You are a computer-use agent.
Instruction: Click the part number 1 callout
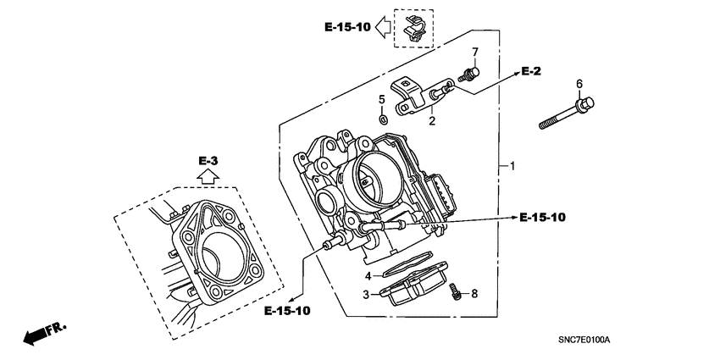coord(512,167)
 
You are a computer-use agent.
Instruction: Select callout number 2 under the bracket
coord(431,122)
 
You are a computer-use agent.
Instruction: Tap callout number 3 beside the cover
coord(368,295)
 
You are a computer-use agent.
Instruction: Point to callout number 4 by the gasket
coord(368,276)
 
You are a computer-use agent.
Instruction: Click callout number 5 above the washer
coord(381,100)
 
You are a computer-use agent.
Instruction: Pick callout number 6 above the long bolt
coord(579,83)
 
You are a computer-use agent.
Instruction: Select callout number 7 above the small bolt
coord(475,53)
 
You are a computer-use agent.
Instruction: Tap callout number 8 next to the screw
coord(474,293)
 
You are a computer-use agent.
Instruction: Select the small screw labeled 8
coord(456,291)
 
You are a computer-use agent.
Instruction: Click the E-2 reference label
coord(530,71)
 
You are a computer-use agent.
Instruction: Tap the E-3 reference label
coord(208,160)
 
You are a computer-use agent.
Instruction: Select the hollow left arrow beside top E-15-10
coord(383,28)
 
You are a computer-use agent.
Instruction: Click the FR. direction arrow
coord(42,332)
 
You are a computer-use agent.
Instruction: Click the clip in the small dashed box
coord(413,28)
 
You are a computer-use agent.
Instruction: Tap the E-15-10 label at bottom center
coord(286,311)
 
